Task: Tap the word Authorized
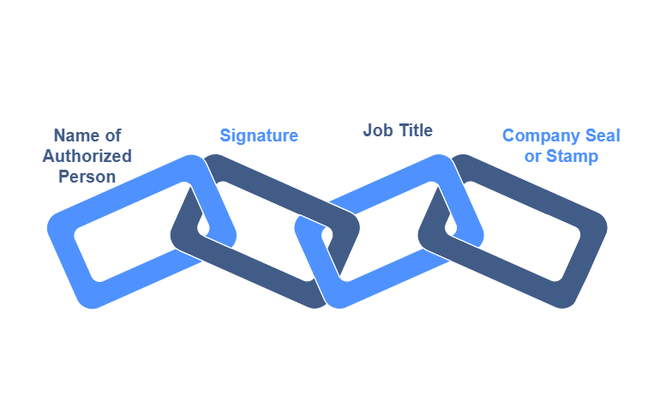pyautogui.click(x=87, y=156)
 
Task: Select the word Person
pyautogui.click(x=87, y=177)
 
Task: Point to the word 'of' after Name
pyautogui.click(x=113, y=135)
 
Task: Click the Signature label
pyautogui.click(x=259, y=135)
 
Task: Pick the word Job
pyautogui.click(x=376, y=130)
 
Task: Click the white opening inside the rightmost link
pyautogui.click(x=523, y=231)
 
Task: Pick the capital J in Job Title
pyautogui.click(x=368, y=130)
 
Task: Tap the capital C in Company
pyautogui.click(x=508, y=135)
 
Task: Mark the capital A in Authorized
pyautogui.click(x=49, y=156)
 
